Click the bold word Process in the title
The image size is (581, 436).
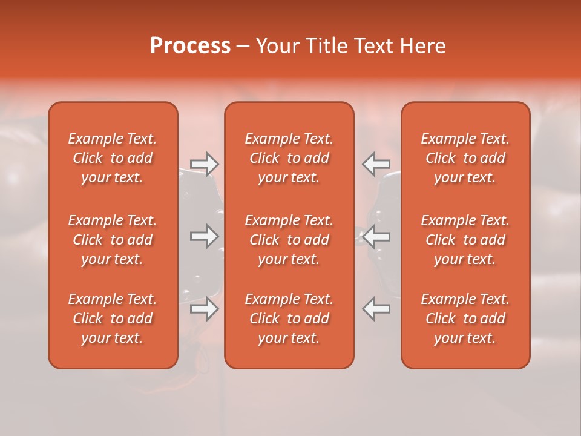click(x=190, y=46)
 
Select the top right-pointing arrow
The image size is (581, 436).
click(x=204, y=164)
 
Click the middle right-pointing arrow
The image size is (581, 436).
click(x=204, y=236)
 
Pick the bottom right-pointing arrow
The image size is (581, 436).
click(x=204, y=309)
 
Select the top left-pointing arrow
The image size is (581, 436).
click(x=376, y=164)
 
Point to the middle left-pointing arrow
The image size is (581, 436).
click(x=376, y=236)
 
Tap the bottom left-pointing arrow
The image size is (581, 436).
click(x=376, y=309)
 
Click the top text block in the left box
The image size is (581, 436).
click(x=113, y=158)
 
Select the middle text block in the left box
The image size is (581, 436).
click(x=113, y=240)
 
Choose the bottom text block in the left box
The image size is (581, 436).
click(x=113, y=319)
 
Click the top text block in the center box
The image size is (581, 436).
click(x=289, y=158)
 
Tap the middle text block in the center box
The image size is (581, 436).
click(x=289, y=240)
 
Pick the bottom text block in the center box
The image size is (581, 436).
click(x=289, y=319)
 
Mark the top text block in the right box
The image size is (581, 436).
click(x=465, y=158)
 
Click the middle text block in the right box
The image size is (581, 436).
click(x=465, y=240)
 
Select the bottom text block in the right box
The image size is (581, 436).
click(x=465, y=319)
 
